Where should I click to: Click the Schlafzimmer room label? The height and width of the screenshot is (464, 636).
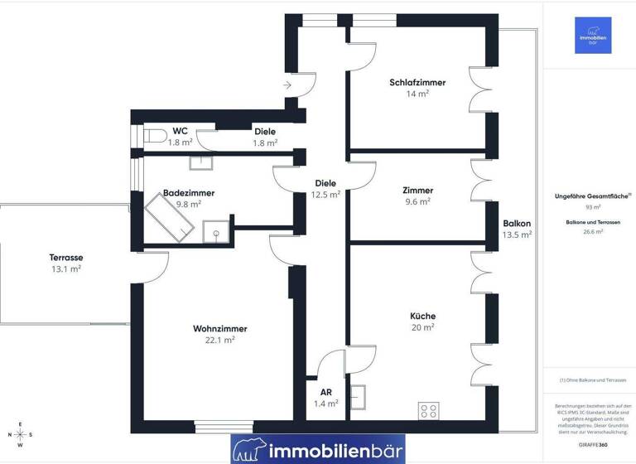(x=417, y=83)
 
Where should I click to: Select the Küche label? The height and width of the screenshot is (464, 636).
(x=422, y=316)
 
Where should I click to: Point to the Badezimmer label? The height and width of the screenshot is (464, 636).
(x=189, y=193)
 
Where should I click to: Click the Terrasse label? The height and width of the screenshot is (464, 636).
(x=65, y=258)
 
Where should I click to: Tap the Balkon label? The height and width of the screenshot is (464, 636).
(x=517, y=224)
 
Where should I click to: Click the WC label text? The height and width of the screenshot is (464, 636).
(x=180, y=131)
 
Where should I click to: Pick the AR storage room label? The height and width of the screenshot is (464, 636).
(x=325, y=392)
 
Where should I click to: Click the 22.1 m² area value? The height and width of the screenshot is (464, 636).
(x=219, y=340)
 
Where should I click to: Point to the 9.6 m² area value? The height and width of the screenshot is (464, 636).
(x=418, y=201)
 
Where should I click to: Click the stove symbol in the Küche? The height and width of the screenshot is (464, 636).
(x=428, y=409)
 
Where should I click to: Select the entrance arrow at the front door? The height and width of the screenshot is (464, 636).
(x=287, y=85)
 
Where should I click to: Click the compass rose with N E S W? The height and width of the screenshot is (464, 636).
(x=21, y=435)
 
